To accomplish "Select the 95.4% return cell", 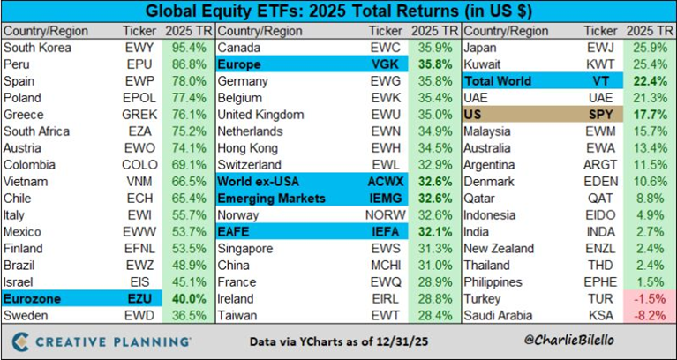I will pos(185,47).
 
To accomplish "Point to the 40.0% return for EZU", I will pos(185,297).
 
